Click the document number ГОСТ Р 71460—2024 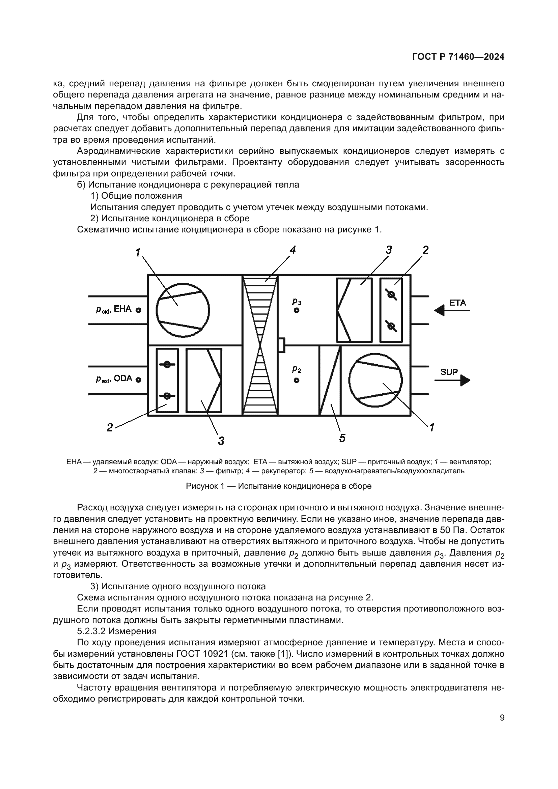tap(458, 57)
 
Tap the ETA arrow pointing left tap(451, 311)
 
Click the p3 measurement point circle tap(297, 310)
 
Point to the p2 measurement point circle tap(297, 380)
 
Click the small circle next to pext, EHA tap(138, 310)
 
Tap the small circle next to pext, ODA tap(138, 380)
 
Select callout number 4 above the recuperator tap(292, 250)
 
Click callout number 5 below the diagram tap(342, 438)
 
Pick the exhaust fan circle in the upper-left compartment tap(183, 310)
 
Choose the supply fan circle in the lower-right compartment tap(375, 380)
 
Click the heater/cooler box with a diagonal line tap(330, 381)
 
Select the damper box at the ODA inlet tap(167, 381)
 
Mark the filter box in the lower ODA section tap(204, 381)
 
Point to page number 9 tap(502, 717)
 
